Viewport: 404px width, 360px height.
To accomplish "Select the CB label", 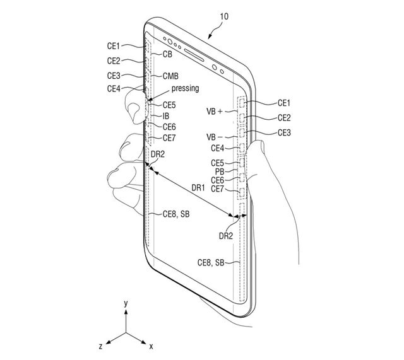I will [x=167, y=55].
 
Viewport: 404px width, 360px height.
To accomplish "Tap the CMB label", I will [x=170, y=75].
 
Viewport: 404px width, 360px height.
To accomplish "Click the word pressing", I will [x=185, y=89].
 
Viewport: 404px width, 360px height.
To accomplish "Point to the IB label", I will [x=166, y=116].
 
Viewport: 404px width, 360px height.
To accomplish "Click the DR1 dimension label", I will [x=199, y=187].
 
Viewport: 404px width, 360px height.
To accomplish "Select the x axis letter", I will [x=151, y=345].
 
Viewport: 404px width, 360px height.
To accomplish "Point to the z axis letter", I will [x=100, y=346].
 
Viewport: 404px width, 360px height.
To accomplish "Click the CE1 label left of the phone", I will [x=114, y=45].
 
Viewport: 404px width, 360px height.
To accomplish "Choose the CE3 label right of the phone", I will [x=284, y=132].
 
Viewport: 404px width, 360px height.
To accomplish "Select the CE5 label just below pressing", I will [x=170, y=105].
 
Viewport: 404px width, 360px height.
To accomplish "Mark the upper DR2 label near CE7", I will [x=157, y=154].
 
